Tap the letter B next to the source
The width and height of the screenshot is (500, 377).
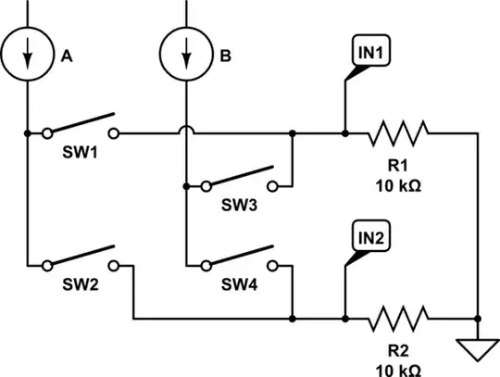[x=225, y=57]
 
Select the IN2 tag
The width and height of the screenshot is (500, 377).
[x=370, y=238]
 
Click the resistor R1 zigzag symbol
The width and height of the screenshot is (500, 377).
[x=398, y=133]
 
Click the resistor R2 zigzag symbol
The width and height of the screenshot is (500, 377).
[x=398, y=320]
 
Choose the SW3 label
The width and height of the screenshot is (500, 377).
[x=239, y=206]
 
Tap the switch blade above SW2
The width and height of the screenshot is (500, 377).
[x=81, y=257]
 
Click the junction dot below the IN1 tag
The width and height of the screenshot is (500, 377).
[x=344, y=133]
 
